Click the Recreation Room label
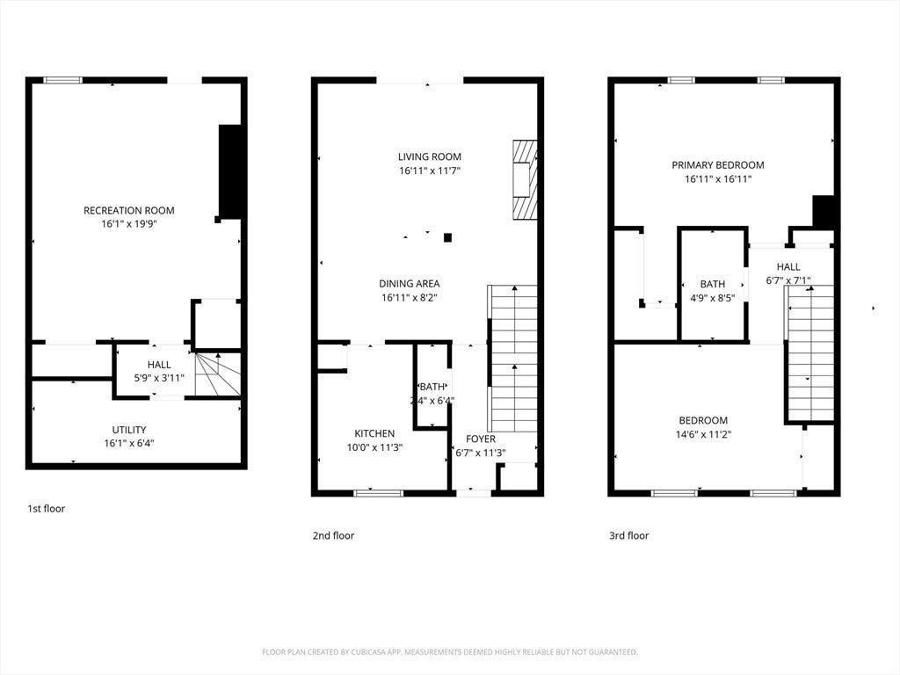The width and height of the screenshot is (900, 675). tap(129, 211)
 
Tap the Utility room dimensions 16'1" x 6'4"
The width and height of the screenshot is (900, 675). tap(129, 443)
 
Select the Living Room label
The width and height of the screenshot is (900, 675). tap(430, 156)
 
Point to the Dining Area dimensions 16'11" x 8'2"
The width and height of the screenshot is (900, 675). tap(410, 297)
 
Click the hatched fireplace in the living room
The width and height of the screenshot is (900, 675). tap(525, 179)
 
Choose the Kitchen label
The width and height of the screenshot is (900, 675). tap(374, 433)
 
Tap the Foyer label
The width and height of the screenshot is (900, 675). tap(481, 439)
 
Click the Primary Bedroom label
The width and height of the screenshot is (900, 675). tap(718, 165)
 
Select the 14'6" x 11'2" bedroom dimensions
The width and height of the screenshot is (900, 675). tap(703, 434)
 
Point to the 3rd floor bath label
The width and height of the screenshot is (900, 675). tap(712, 284)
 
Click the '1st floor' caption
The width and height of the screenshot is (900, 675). tap(47, 509)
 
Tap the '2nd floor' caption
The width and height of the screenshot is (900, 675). tap(333, 535)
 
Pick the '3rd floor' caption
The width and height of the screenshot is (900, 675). tap(629, 535)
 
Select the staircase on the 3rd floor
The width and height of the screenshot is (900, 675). tap(809, 354)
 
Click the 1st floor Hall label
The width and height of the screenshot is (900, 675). tap(159, 365)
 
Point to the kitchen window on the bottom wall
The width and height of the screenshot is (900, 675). tap(378, 493)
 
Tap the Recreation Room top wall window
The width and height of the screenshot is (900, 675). tap(63, 80)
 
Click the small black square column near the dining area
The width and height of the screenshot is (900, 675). tap(447, 237)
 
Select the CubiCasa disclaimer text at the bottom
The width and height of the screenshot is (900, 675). tap(449, 652)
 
